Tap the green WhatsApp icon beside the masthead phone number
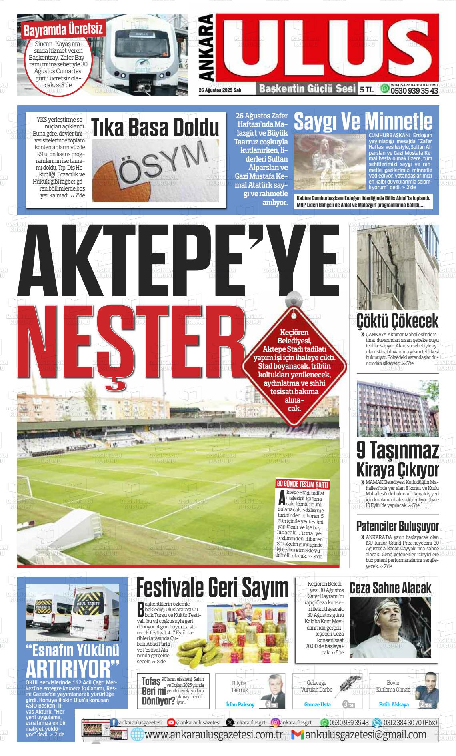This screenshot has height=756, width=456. point(385,88)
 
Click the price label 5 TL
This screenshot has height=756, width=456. point(366,90)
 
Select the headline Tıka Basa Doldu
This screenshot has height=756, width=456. point(155,128)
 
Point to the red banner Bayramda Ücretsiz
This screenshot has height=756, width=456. point(63,29)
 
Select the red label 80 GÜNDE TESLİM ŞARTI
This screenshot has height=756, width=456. point(303,485)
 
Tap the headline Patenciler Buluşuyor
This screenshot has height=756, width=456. point(397,526)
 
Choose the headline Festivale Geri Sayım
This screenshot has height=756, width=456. point(212,588)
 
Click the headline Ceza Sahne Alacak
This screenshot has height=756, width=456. point(390,588)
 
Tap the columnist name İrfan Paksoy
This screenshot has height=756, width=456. point(240,704)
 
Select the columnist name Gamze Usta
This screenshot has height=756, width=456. point(317,704)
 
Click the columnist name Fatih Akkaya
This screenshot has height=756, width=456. point(394,704)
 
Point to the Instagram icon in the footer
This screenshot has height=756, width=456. point(276,722)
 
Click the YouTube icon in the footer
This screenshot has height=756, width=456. point(171,722)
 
